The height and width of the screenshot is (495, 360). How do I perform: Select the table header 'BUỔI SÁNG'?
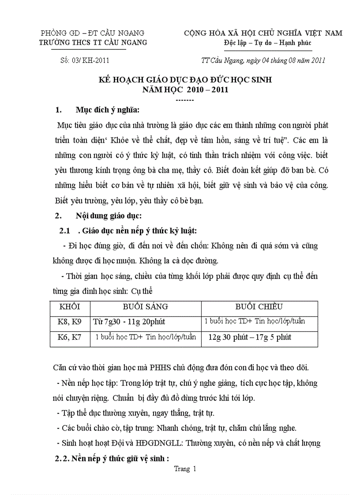click(146, 307)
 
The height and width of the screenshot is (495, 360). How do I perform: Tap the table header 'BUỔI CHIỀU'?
click(259, 307)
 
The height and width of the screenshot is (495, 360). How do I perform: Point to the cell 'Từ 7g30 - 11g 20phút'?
click(129, 322)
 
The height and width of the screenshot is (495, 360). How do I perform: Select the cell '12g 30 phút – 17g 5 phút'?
click(250, 338)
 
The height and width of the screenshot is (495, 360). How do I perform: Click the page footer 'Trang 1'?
click(185, 469)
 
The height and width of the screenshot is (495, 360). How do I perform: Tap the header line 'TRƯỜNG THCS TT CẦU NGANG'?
click(93, 43)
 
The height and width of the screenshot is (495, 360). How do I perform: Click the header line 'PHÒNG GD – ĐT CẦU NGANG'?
click(93, 33)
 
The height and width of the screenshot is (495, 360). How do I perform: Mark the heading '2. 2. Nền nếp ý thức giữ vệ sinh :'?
click(112, 458)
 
